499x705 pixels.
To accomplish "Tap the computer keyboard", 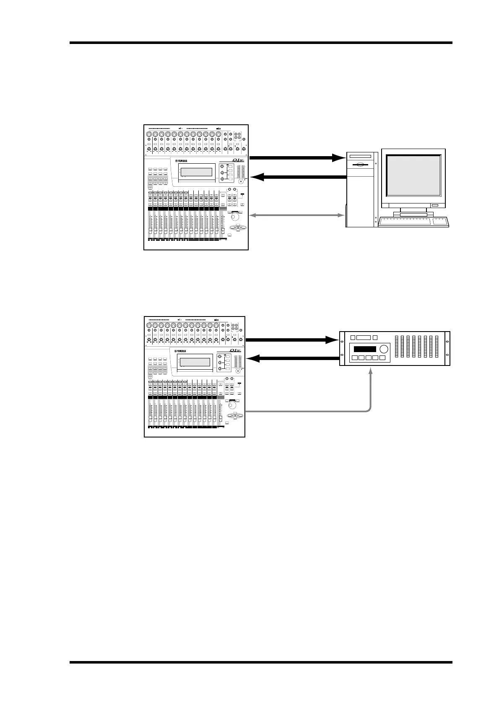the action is coord(413,222).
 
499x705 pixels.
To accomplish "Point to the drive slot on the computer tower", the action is coord(359,157).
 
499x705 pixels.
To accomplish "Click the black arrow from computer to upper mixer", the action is coord(298,177).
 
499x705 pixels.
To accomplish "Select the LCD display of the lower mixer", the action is coord(193,362).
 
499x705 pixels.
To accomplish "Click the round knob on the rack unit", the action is coord(383,349).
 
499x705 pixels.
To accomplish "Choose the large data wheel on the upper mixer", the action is coord(236,217).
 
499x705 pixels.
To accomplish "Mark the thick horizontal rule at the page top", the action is coord(261,43).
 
